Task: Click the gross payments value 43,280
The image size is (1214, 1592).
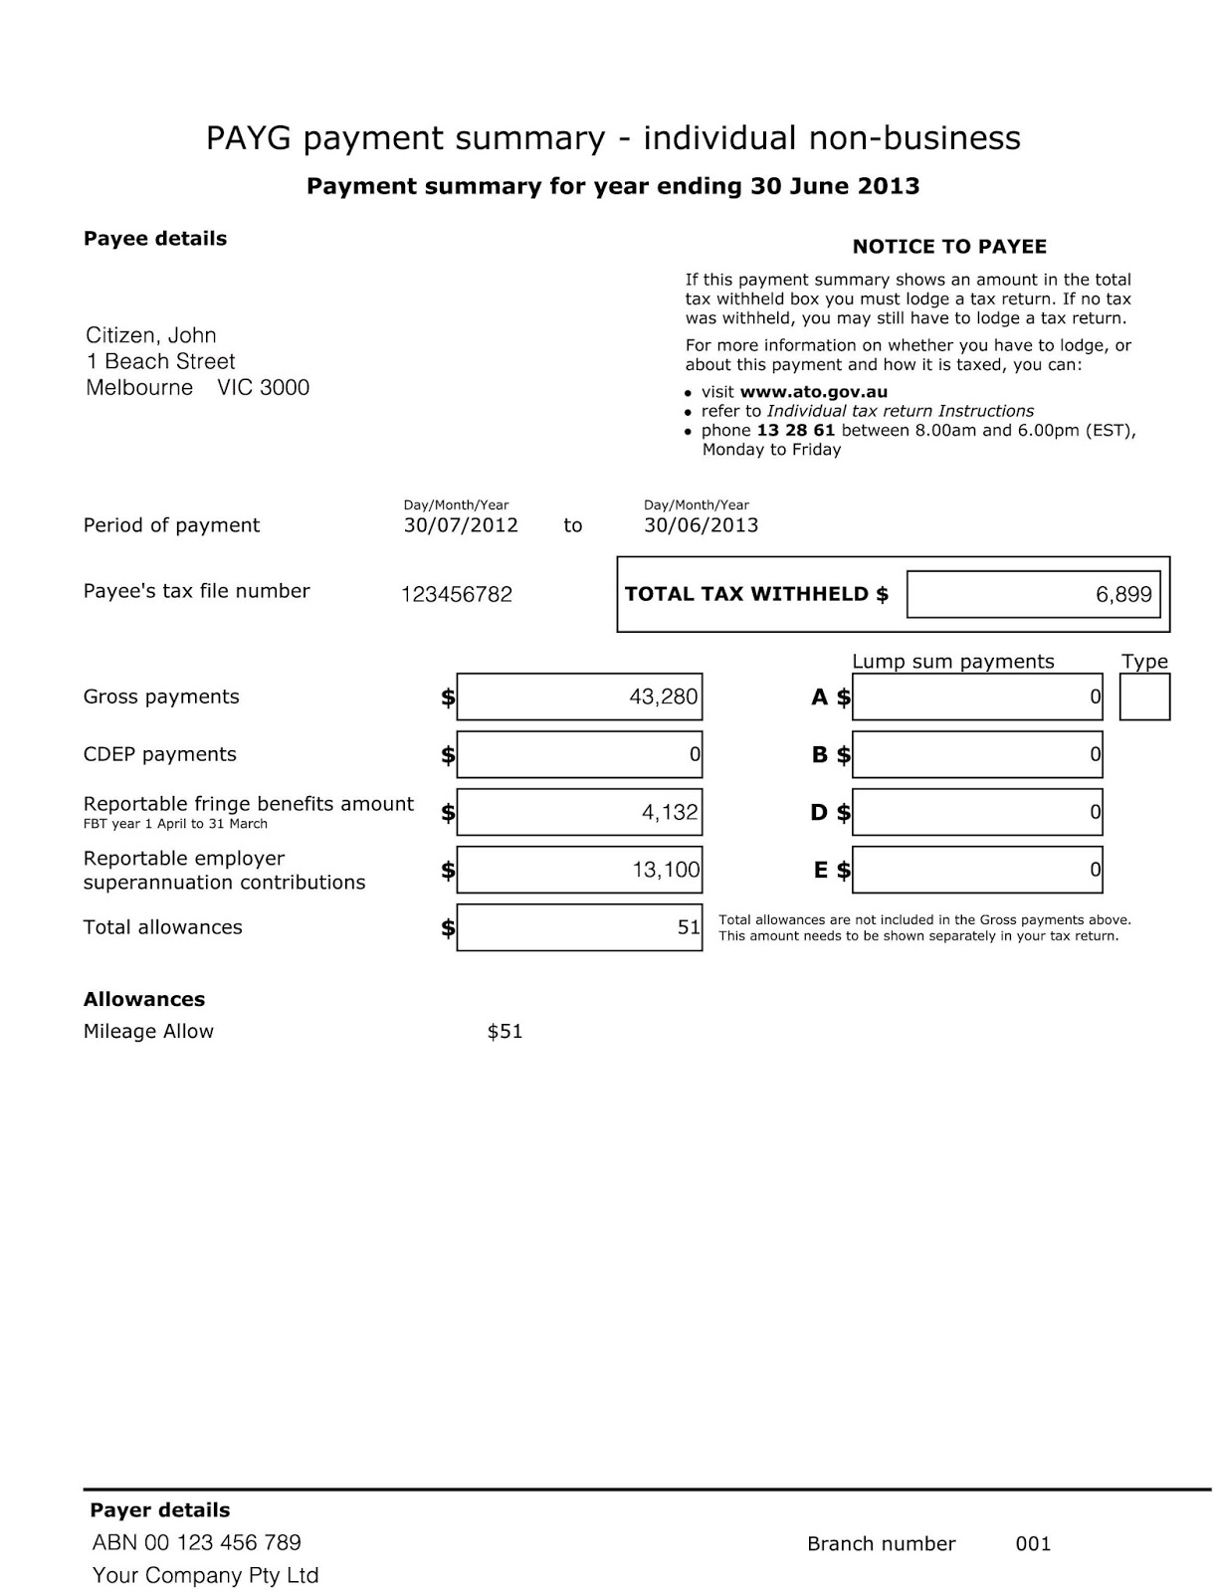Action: (663, 696)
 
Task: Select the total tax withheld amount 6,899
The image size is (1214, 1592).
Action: (1123, 594)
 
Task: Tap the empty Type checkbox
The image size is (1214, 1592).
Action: (1144, 696)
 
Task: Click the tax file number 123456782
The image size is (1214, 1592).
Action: (457, 595)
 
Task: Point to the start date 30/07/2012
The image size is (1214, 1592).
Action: (461, 525)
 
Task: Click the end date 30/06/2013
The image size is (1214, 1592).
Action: (701, 525)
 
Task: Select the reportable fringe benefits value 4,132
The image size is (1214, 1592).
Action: (669, 812)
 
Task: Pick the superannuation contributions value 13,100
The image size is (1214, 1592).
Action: (666, 870)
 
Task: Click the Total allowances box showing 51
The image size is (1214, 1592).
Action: (579, 927)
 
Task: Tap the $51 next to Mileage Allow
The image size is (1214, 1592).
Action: (505, 1032)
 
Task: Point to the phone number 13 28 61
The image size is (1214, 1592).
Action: (795, 431)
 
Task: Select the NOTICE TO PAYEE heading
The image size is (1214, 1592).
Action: (949, 247)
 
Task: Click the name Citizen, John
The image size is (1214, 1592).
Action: (151, 335)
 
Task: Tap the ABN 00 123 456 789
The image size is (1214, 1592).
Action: (196, 1542)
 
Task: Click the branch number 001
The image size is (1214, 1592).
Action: (1033, 1544)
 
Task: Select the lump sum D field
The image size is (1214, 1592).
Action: (977, 812)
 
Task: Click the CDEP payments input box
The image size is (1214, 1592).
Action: (579, 754)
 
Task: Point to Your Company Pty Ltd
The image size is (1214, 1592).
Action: (205, 1575)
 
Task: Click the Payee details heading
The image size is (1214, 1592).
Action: (155, 239)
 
